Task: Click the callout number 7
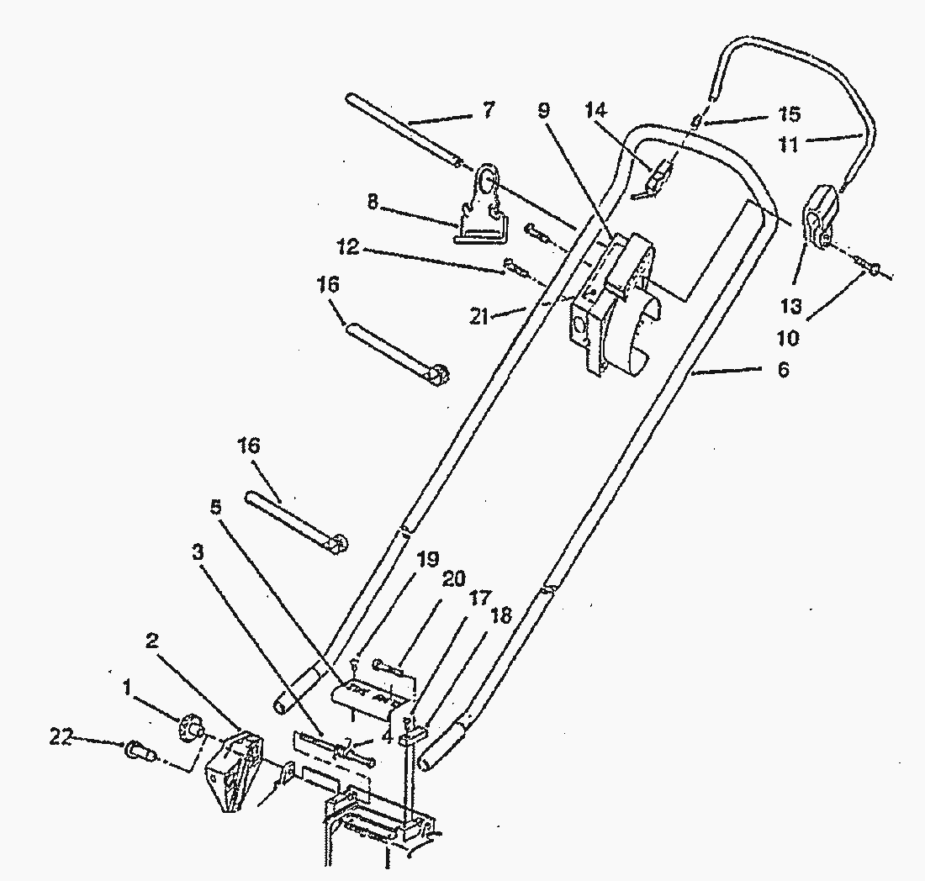(487, 110)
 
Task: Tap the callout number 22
(61, 737)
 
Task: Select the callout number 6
(783, 369)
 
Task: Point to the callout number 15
(790, 113)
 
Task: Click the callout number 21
(479, 317)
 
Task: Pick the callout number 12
(348, 247)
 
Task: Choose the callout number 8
(373, 202)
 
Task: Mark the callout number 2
(152, 641)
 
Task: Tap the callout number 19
(428, 558)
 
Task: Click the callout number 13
(791, 306)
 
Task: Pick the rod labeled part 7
(404, 130)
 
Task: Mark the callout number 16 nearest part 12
(328, 284)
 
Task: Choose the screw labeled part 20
(388, 667)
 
